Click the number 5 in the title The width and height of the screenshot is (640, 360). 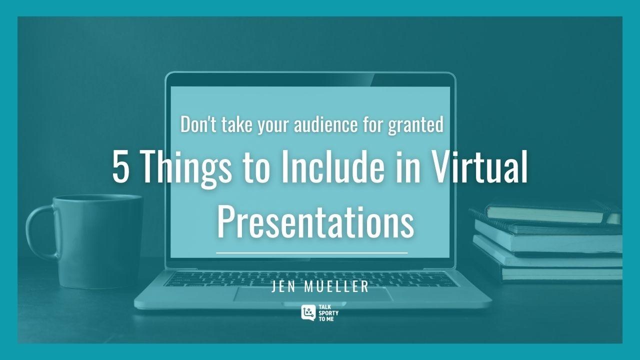pyautogui.click(x=120, y=166)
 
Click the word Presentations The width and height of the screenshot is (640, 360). pyautogui.click(x=315, y=222)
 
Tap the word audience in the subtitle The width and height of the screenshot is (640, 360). pyautogui.click(x=325, y=124)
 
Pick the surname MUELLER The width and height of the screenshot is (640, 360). pyautogui.click(x=336, y=286)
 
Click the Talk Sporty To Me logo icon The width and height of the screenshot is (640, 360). pyautogui.click(x=308, y=312)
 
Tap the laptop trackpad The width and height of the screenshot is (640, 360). pyautogui.click(x=313, y=294)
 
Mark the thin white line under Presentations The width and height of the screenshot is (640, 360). pyautogui.click(x=311, y=253)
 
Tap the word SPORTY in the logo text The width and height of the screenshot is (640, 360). pyautogui.click(x=328, y=313)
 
